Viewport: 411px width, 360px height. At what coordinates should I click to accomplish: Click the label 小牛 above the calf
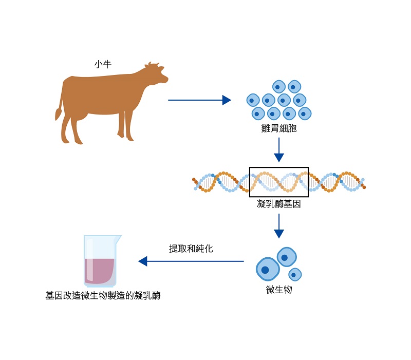click(103, 65)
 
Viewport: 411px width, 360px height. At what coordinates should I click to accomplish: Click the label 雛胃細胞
click(279, 128)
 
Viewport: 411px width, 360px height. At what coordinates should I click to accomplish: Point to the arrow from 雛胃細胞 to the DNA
click(279, 149)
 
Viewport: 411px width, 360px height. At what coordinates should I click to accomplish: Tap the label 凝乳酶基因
click(278, 204)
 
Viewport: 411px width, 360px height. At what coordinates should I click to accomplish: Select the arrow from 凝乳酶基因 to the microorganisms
click(279, 225)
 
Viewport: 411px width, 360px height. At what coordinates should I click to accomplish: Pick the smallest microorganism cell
click(295, 274)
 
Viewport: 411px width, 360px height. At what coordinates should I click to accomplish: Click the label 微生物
click(279, 290)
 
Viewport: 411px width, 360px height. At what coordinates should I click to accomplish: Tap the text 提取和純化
click(191, 249)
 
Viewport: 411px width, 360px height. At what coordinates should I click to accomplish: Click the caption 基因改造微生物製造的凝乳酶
click(103, 296)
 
